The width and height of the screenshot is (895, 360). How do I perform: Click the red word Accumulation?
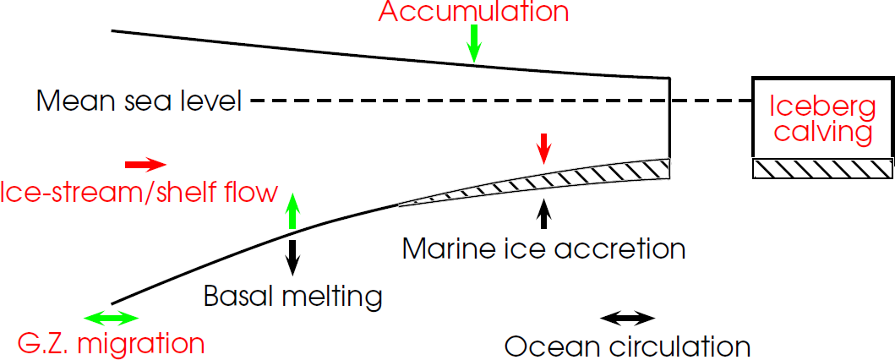(x=474, y=12)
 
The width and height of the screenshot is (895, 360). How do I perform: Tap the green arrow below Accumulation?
(x=474, y=42)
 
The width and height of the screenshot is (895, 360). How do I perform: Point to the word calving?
(x=823, y=132)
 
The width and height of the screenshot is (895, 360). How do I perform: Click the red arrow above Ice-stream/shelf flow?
(x=145, y=163)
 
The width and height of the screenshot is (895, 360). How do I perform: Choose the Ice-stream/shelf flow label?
(x=139, y=193)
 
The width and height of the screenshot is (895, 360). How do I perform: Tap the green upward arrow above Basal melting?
(x=292, y=210)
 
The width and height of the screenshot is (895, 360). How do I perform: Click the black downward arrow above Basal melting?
(x=292, y=256)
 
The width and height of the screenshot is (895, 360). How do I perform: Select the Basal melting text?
(x=293, y=297)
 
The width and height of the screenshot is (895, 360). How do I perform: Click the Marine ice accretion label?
(x=543, y=249)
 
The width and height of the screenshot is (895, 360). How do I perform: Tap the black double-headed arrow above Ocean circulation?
(x=627, y=318)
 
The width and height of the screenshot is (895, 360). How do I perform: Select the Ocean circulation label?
(x=627, y=346)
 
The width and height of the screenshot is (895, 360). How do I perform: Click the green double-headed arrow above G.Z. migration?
(x=112, y=318)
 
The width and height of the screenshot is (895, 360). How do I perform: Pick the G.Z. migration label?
(x=112, y=344)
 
